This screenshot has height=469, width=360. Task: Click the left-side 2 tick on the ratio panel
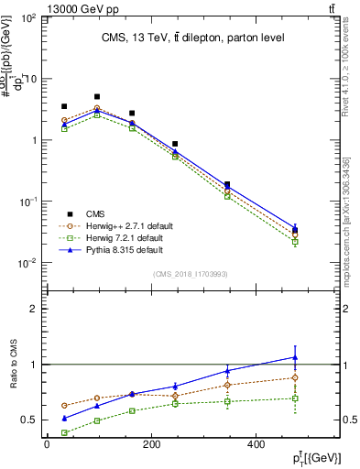[x=30, y=309]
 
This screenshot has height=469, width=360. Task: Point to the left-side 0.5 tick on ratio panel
[x=26, y=420]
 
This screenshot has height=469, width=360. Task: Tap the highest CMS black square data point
[x=97, y=96]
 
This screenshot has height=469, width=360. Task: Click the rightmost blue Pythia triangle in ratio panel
[x=294, y=357]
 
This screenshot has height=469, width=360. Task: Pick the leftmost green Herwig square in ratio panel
[x=64, y=432]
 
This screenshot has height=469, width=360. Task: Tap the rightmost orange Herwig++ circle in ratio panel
[x=294, y=377]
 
